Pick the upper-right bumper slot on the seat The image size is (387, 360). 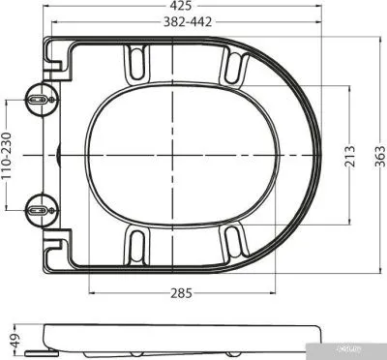(x=232, y=69)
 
